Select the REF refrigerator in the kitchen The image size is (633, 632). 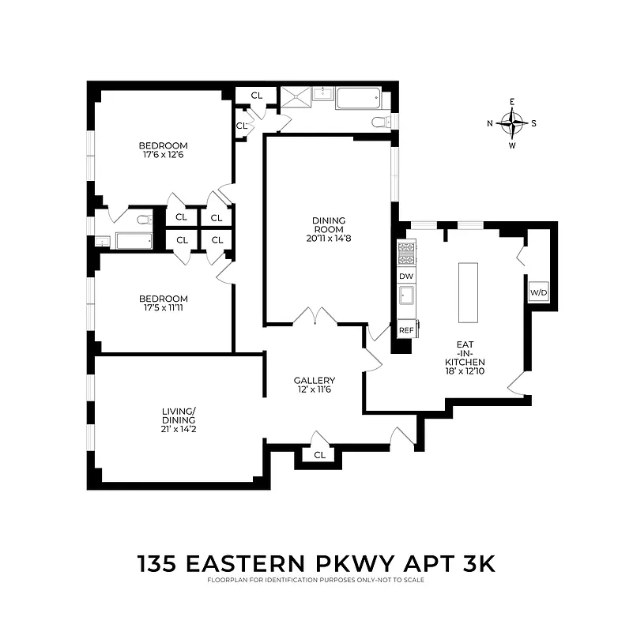point(406,329)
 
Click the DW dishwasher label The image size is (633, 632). point(406,276)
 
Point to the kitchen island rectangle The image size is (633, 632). point(469,292)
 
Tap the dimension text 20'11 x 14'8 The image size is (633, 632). point(330,238)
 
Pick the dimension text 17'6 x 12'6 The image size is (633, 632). point(164,155)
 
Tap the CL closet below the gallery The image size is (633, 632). point(319,456)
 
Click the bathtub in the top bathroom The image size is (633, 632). point(358,99)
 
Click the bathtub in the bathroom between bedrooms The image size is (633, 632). point(134,241)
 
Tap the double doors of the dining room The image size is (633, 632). point(315,316)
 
